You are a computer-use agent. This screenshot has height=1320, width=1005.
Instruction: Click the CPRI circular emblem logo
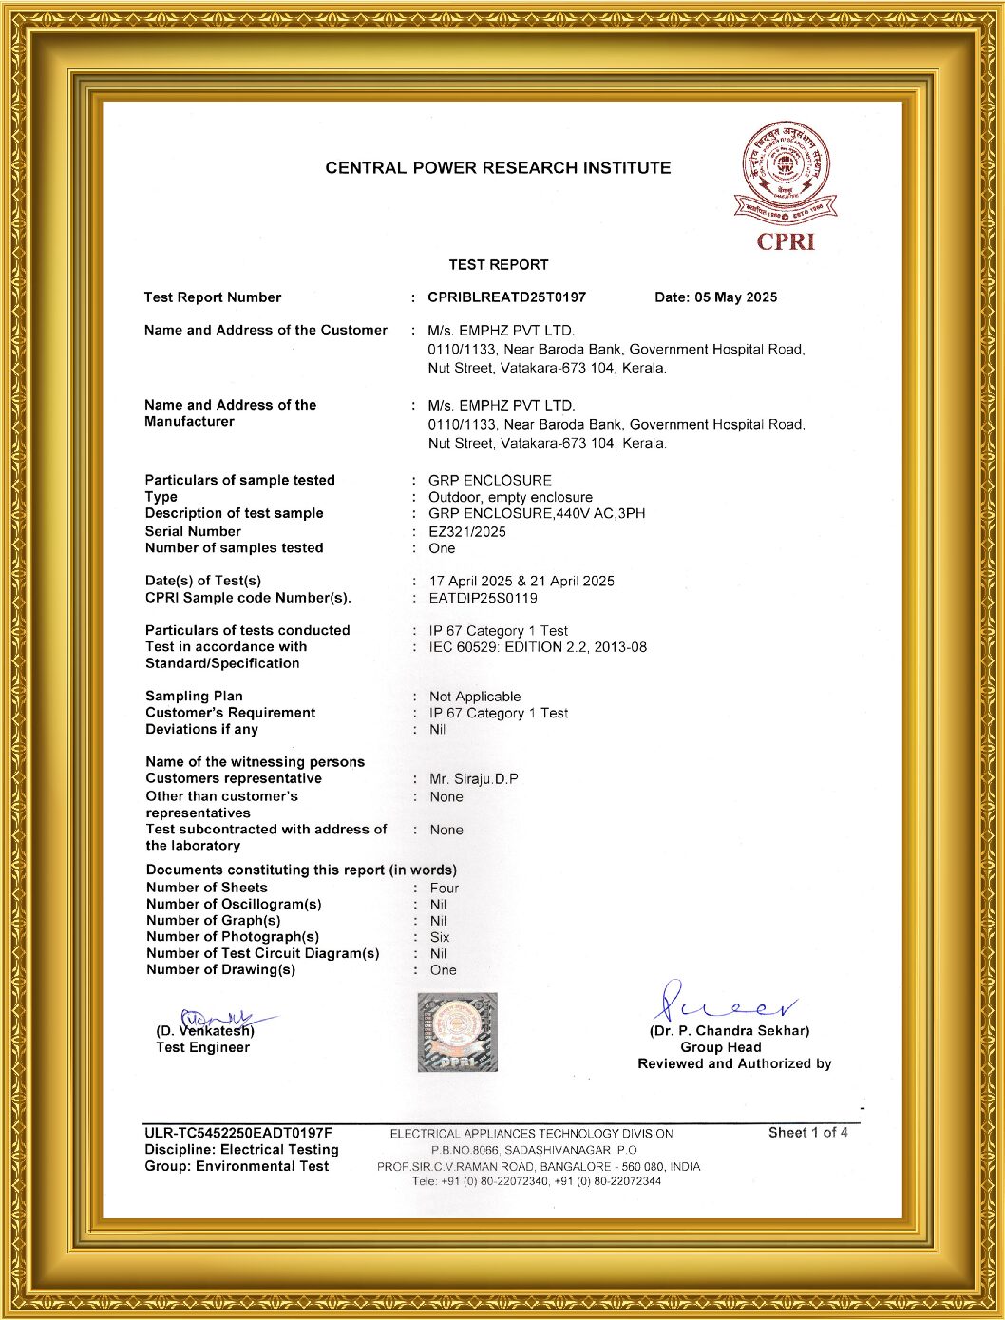point(785,172)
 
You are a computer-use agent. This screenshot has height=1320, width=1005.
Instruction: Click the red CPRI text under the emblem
point(786,242)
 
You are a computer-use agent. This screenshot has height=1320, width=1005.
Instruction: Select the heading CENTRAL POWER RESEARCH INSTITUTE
point(498,168)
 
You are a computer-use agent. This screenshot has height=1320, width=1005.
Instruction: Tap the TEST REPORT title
point(499,265)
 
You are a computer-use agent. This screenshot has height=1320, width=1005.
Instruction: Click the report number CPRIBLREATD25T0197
point(506,297)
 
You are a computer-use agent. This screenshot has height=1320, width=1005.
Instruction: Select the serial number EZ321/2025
point(467,532)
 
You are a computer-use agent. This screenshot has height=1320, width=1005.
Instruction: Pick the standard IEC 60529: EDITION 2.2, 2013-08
point(538,647)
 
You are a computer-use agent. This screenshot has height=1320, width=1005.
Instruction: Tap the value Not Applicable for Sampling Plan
point(475,697)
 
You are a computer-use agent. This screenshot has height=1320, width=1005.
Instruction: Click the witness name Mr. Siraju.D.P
point(474,779)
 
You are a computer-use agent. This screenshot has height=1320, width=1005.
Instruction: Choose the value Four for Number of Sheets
point(445,889)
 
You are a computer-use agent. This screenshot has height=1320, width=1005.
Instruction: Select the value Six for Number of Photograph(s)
point(440,937)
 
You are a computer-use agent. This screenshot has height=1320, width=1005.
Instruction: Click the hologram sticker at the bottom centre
point(457,1033)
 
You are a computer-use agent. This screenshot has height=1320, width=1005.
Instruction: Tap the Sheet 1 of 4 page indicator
point(807,1133)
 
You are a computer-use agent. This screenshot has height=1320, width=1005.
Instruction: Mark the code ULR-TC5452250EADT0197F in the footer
point(238,1133)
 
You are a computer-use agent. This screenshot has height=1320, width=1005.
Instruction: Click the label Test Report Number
point(213,297)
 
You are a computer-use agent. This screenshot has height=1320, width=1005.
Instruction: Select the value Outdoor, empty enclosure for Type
point(510,497)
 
